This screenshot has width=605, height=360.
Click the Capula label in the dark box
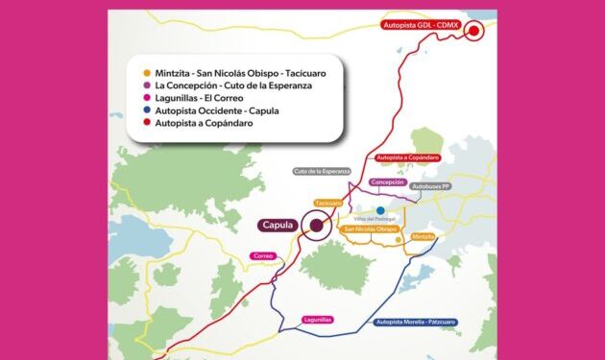[277, 226]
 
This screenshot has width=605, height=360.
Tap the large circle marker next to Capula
[314, 227]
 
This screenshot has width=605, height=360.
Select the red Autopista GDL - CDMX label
[421, 25]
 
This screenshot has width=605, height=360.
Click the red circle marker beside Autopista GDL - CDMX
[473, 31]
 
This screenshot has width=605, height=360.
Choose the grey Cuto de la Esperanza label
[322, 172]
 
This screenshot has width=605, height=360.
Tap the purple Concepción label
[387, 181]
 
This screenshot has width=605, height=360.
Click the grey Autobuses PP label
[430, 185]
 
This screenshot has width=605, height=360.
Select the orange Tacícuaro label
[328, 204]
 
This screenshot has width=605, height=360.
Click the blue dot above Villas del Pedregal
[380, 210]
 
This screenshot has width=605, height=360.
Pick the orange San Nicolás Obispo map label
[370, 230]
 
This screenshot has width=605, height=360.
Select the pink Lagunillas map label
[317, 319]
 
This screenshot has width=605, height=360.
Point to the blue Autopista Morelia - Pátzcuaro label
[417, 322]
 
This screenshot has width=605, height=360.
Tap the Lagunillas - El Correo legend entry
[198, 98]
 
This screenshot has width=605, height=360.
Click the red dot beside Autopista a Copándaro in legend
[144, 123]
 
